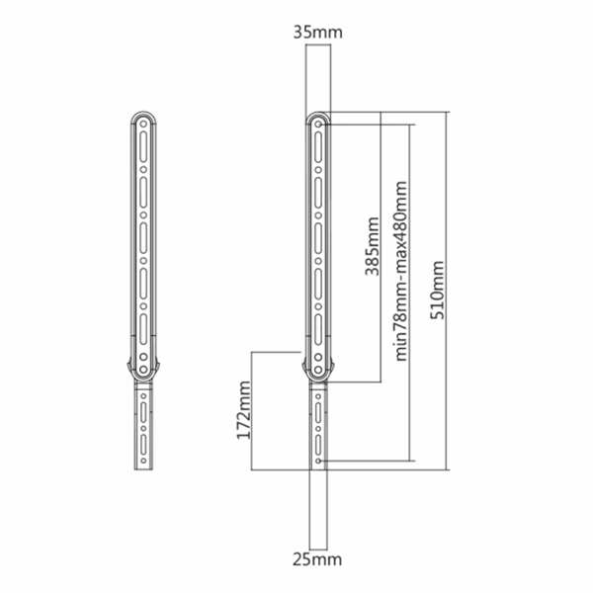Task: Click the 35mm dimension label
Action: click(317, 33)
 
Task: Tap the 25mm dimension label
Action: click(317, 559)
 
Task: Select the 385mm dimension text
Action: click(372, 246)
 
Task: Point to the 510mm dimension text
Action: click(438, 290)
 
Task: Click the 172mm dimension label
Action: click(243, 410)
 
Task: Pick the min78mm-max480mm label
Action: click(401, 271)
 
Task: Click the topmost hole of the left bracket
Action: click(143, 125)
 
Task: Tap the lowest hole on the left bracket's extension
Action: click(143, 461)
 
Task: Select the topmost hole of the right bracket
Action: click(319, 125)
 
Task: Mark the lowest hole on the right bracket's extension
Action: click(318, 461)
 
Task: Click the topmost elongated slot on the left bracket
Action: click(143, 147)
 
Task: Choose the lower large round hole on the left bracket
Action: click(143, 369)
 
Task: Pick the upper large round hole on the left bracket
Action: click(143, 357)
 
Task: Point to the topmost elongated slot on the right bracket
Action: click(318, 147)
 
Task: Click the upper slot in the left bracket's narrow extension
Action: click(143, 412)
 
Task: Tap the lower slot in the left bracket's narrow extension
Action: click(143, 445)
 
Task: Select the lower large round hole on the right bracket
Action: click(318, 369)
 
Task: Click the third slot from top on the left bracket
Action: click(143, 238)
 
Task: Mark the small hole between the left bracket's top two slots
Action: click(143, 170)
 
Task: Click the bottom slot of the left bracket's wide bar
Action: click(143, 329)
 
